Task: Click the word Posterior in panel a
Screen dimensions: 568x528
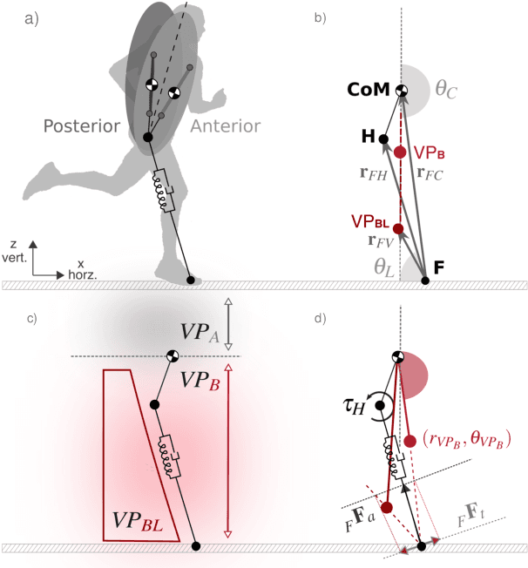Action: click(x=81, y=126)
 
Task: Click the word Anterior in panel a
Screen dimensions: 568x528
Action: click(x=222, y=125)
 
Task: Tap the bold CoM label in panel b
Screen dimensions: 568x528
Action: click(x=368, y=91)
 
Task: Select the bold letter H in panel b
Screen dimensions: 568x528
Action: click(x=369, y=137)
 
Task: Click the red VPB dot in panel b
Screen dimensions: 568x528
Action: click(x=400, y=152)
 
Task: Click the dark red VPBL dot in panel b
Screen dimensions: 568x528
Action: click(x=399, y=229)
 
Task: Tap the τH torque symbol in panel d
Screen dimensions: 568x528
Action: click(x=355, y=404)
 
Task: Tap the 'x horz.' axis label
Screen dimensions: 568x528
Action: click(x=82, y=269)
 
